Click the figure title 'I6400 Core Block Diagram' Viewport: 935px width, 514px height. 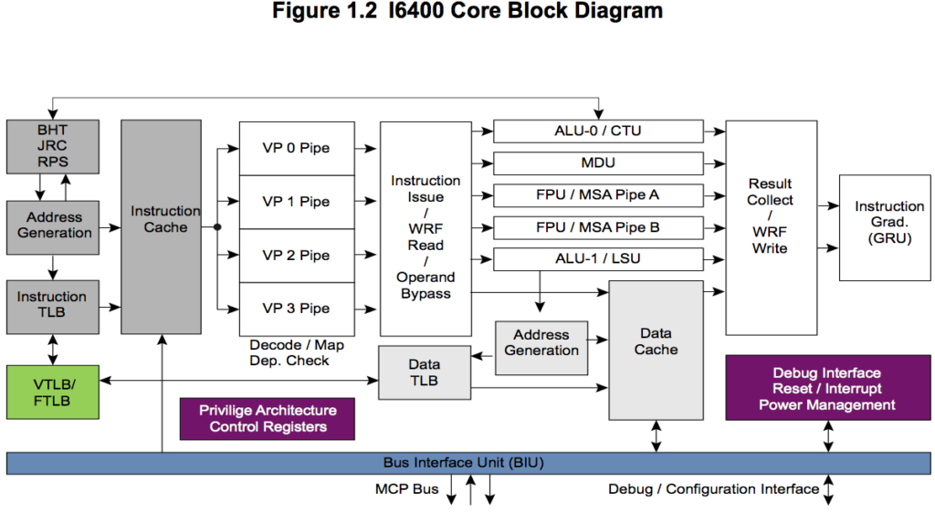467,12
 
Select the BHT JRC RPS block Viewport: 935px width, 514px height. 52,146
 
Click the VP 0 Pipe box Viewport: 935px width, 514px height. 296,148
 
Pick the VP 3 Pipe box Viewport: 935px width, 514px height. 296,309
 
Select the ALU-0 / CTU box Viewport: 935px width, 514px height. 598,131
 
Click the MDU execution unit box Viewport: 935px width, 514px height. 598,163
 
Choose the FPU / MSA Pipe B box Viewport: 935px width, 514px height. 598,227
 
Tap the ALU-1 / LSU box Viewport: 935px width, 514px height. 598,258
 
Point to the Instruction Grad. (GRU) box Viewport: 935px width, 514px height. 888,222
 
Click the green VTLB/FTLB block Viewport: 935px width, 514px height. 52,392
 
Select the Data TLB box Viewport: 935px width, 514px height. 424,372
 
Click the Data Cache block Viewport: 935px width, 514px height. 656,350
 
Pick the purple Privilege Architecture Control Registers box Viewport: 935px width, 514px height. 267,419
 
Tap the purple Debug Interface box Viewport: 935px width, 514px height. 826,388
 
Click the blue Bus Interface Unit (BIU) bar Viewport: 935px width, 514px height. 467,463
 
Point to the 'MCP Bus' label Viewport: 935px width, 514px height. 406,489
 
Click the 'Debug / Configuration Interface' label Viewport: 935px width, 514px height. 713,489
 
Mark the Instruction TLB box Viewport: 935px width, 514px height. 52,305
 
